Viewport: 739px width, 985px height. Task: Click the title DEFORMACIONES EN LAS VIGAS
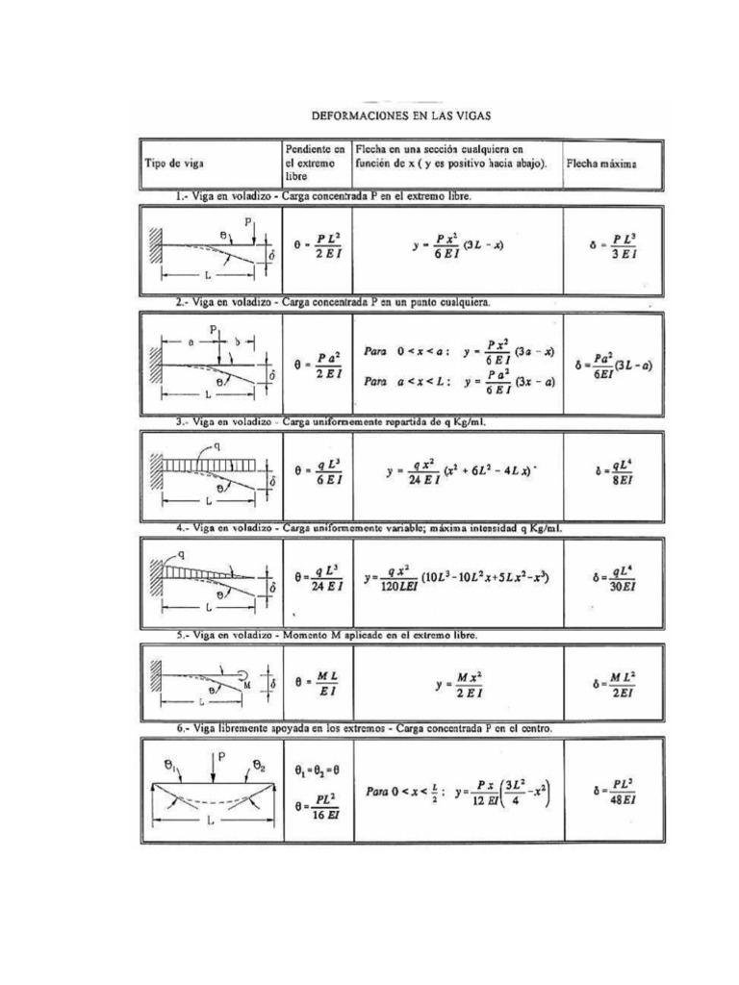point(401,114)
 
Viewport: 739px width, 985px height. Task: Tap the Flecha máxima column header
point(601,164)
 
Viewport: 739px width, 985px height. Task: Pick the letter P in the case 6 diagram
point(221,758)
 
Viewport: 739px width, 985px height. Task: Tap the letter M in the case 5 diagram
point(248,686)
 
